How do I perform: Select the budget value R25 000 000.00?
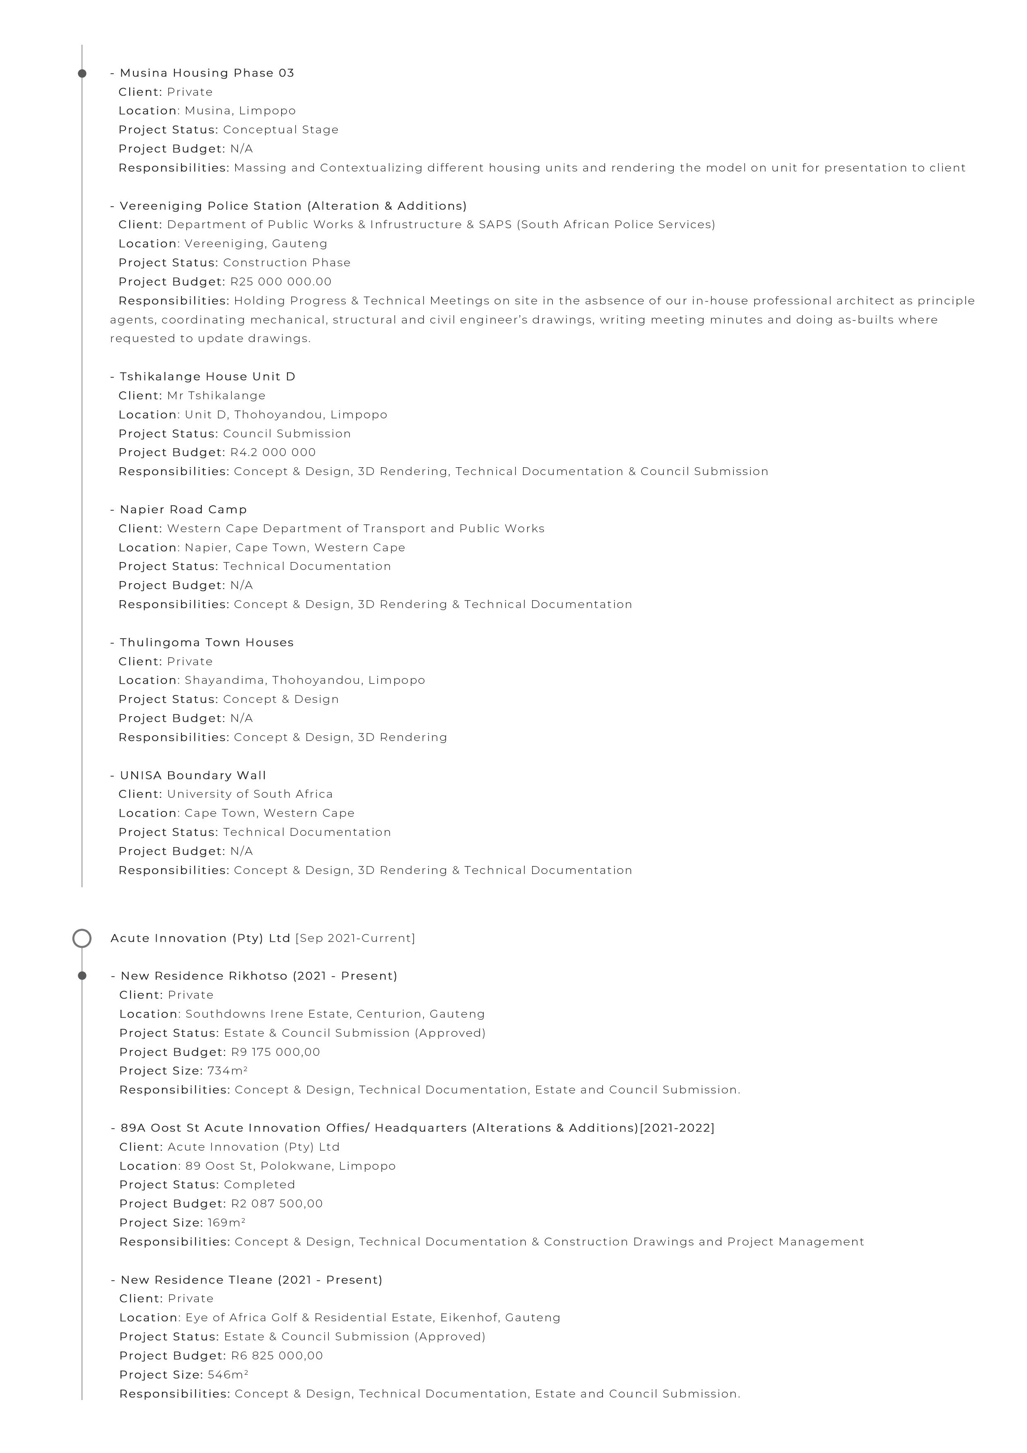[280, 282]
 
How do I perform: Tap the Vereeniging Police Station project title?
[293, 206]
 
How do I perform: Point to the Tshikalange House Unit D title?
[207, 377]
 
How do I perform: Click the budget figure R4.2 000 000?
[273, 452]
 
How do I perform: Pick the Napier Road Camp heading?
[183, 509]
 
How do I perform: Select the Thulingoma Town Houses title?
[206, 642]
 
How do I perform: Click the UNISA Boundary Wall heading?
[193, 775]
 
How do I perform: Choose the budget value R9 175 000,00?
[275, 1052]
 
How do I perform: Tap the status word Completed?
[259, 1185]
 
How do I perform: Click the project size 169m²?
[226, 1223]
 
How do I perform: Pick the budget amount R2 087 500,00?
[277, 1204]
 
